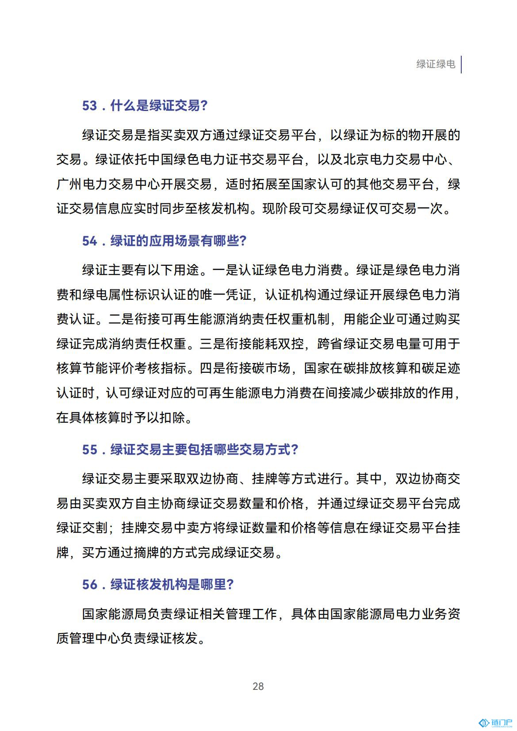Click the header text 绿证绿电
pos(435,64)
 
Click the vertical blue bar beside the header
pos(461,64)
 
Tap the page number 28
pos(258,686)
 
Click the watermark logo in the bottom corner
pos(495,723)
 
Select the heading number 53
pos(89,106)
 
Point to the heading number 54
pos(89,241)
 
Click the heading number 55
pos(89,450)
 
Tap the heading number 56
pos(89,585)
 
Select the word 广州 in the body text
pos(69,184)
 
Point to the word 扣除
pos(173,417)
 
